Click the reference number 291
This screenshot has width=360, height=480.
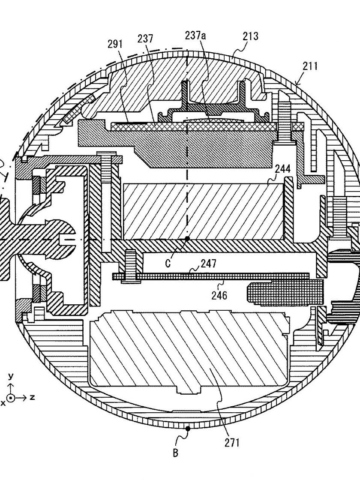click(115, 45)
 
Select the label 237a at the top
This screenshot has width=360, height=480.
click(195, 36)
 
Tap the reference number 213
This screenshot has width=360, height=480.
click(251, 36)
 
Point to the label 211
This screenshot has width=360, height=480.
click(310, 66)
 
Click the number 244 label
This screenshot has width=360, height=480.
click(283, 169)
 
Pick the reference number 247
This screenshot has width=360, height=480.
click(209, 264)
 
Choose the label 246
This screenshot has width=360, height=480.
click(219, 295)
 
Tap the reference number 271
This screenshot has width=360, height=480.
click(231, 443)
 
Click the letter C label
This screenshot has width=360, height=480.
click(168, 264)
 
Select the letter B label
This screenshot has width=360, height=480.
click(175, 453)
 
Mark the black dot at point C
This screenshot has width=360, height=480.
click(187, 238)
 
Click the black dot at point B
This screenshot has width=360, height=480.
click(188, 429)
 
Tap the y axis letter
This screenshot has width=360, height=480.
click(11, 375)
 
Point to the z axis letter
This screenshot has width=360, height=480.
click(32, 397)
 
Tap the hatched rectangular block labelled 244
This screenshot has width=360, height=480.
click(203, 211)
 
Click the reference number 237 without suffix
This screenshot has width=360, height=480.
click(145, 39)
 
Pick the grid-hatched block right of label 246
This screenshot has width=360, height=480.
click(285, 292)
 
